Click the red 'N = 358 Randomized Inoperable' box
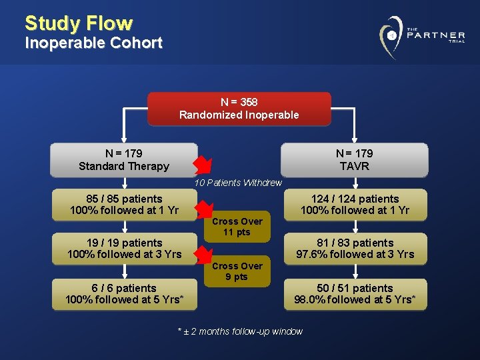click(x=239, y=109)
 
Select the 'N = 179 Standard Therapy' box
click(x=124, y=160)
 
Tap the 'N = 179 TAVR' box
click(x=354, y=160)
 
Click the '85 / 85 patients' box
click(x=124, y=205)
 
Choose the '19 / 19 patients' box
click(x=124, y=249)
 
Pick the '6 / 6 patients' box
click(x=124, y=294)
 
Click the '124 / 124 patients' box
click(x=355, y=205)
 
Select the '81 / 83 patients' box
click(x=355, y=249)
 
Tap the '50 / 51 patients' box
click(x=355, y=294)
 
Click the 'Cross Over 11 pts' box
click(x=237, y=227)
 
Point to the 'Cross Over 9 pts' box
click(x=237, y=271)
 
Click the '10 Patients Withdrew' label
click(x=238, y=183)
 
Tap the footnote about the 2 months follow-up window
click(x=240, y=331)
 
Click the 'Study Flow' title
click(x=79, y=23)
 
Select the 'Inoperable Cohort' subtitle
click(x=93, y=43)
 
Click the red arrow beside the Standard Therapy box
click(x=201, y=164)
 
